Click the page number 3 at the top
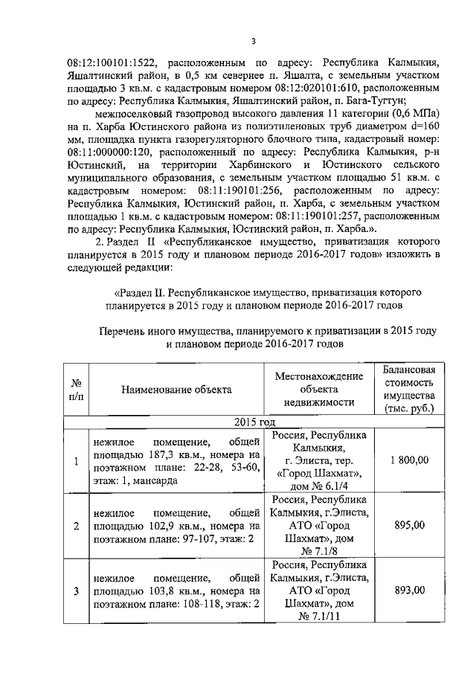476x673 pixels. [x=253, y=42]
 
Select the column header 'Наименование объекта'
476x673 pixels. [x=177, y=389]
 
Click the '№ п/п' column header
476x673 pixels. [x=75, y=390]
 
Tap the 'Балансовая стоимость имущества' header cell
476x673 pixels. [x=409, y=389]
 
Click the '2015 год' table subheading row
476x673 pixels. [x=255, y=422]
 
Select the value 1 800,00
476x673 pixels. [x=409, y=460]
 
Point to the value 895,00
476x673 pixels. [x=409, y=525]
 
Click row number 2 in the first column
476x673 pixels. [x=76, y=526]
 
